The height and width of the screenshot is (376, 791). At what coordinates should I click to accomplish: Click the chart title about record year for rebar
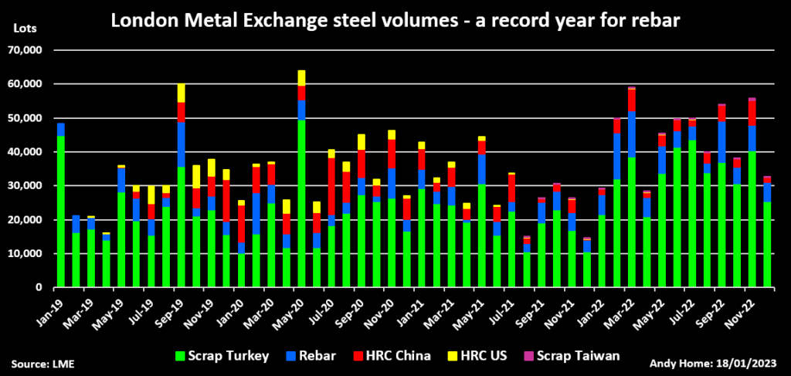[x=395, y=20]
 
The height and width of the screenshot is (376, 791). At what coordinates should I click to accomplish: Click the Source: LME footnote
[x=43, y=362]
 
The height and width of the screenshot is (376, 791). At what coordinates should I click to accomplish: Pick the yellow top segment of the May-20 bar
[x=301, y=77]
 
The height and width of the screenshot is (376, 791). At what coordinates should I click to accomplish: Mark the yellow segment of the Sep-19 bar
[x=181, y=93]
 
